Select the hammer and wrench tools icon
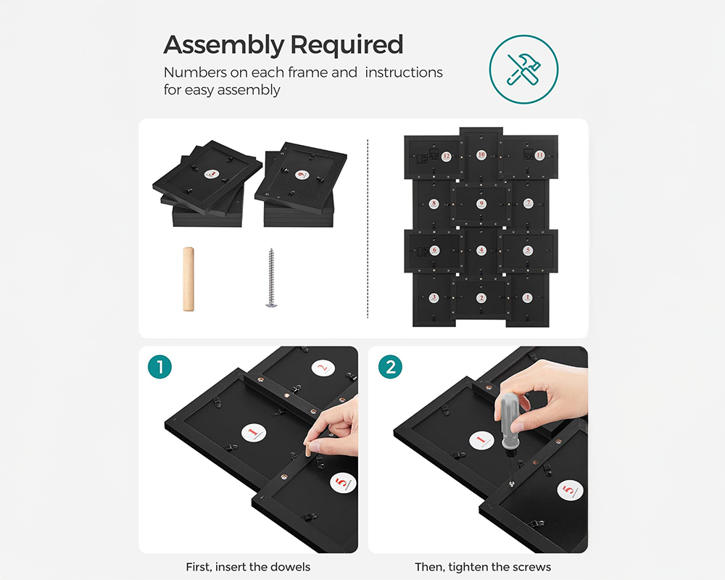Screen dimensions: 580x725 coord(524,68)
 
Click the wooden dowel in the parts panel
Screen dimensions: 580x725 coord(188,279)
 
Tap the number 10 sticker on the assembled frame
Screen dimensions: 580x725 coord(481,155)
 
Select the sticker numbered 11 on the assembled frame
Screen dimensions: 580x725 coord(539,155)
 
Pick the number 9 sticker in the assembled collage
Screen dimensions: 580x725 coord(481,204)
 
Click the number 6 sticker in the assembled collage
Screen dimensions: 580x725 coord(435,251)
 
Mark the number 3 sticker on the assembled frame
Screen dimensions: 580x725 coord(434,297)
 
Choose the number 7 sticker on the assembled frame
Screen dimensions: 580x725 coord(529,204)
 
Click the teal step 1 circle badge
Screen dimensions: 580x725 coord(159,367)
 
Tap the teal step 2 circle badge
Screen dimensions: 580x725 coord(390,367)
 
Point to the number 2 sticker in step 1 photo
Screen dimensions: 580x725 coord(323,368)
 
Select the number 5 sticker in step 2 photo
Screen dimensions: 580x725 coord(569,491)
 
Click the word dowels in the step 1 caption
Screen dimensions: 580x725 coord(291,567)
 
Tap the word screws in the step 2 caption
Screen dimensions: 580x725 coord(532,567)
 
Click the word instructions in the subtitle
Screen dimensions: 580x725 coord(404,72)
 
